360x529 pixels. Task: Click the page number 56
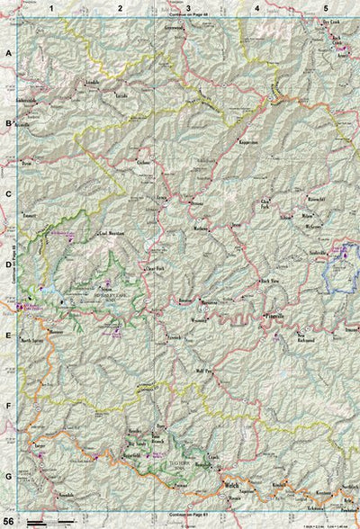(x=8, y=521)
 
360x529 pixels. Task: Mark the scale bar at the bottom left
(x=49, y=521)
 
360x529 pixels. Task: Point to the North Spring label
(x=32, y=341)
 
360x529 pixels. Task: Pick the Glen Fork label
(x=265, y=203)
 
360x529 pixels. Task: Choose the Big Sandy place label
(x=136, y=443)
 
